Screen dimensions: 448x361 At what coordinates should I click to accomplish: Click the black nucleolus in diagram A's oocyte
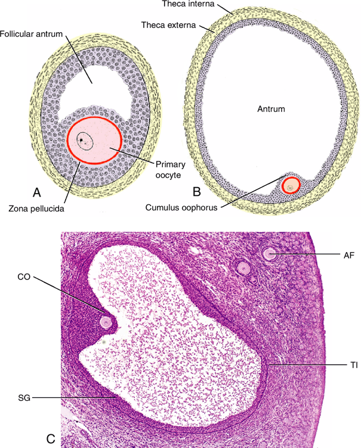(84, 141)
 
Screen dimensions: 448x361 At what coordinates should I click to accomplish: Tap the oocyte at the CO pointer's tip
(107, 322)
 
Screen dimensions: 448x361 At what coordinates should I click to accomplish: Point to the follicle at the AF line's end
(270, 254)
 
